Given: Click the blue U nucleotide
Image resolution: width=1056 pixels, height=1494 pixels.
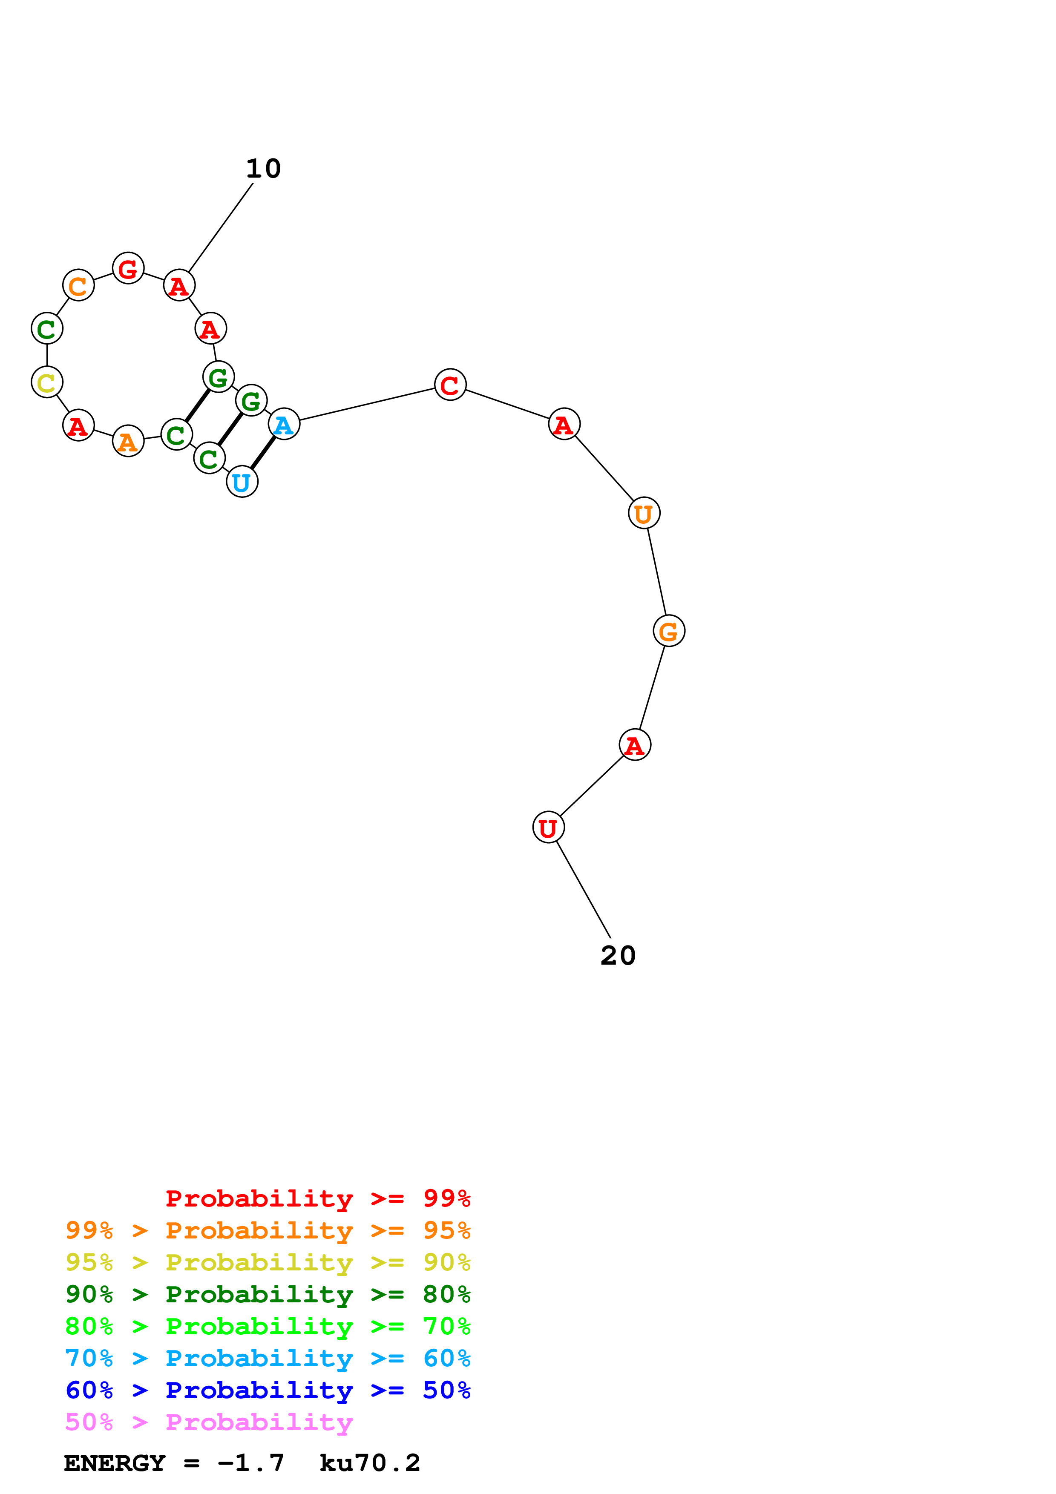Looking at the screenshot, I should coord(242,482).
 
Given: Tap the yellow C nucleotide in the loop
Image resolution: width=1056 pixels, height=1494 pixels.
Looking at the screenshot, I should coord(47,382).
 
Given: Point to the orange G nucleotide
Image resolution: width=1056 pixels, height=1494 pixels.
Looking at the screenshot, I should coord(669,631).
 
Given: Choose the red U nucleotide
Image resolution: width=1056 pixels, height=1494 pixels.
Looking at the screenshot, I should coord(549,827).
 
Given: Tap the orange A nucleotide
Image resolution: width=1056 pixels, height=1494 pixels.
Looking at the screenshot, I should coord(128,441).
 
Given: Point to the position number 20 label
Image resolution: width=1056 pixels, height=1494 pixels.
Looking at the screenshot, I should coord(618,956).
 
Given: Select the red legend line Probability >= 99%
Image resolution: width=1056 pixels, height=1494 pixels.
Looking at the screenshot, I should coord(317,1198).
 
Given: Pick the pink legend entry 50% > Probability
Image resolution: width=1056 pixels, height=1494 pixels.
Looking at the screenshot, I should coord(209,1422).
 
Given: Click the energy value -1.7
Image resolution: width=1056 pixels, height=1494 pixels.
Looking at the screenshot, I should coord(251,1463).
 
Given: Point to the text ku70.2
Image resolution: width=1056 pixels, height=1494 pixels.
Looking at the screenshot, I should coord(370,1463).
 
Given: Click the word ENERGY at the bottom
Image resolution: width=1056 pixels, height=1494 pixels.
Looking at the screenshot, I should coord(115,1463).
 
